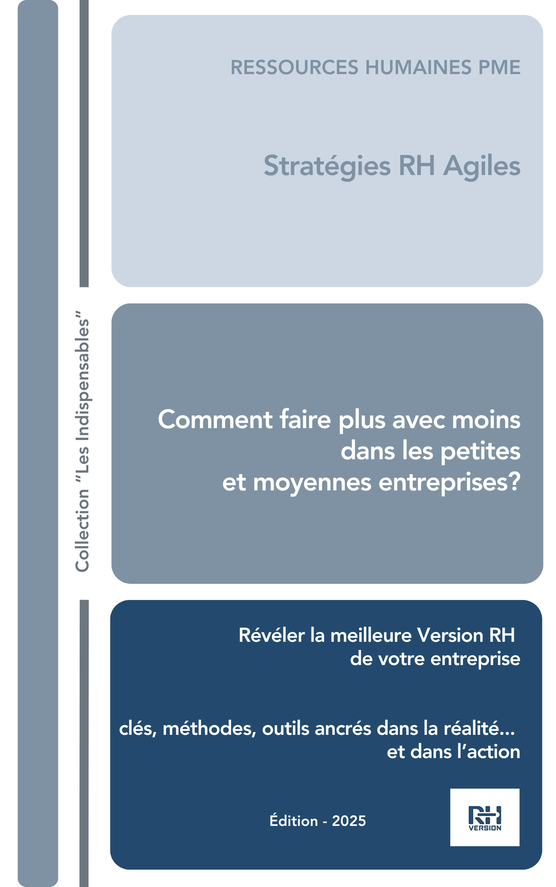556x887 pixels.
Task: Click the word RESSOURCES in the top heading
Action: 295,67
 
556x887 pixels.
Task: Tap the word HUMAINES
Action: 418,67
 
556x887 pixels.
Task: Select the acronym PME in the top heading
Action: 499,67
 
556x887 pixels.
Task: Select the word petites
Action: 480,451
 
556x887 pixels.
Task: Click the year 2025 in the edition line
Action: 349,821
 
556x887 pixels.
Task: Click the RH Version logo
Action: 485,817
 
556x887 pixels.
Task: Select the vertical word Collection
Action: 82,530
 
